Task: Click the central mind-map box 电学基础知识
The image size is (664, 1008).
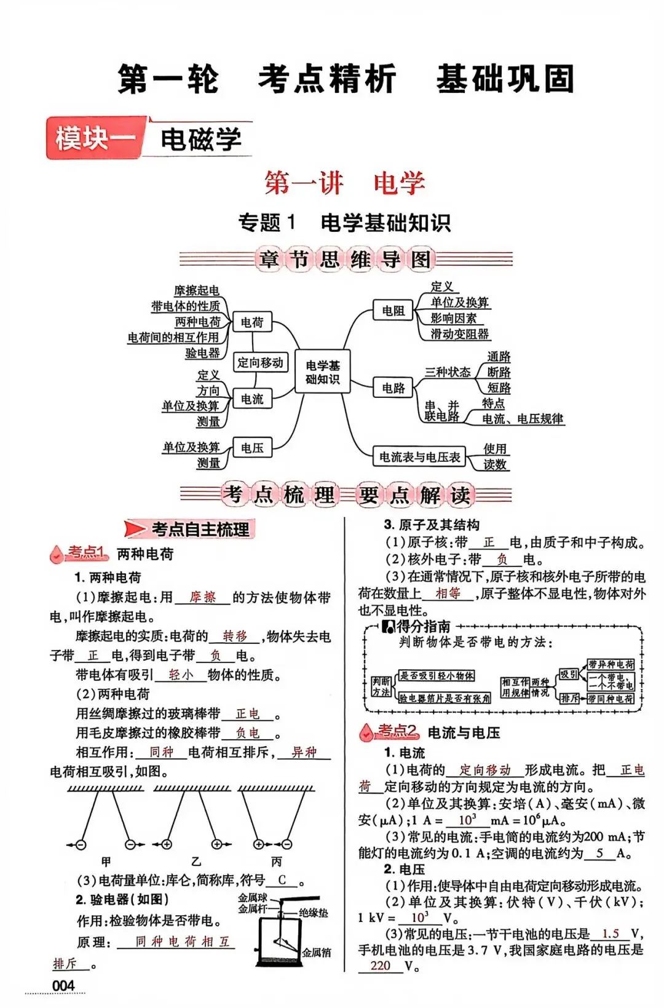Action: tap(323, 372)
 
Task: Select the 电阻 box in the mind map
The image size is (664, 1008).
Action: tap(393, 311)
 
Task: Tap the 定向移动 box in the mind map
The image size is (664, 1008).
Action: tap(261, 363)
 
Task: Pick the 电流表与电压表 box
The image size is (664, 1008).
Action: tap(419, 457)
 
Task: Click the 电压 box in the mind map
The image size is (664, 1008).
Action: tap(252, 448)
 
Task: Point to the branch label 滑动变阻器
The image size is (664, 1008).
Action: tap(459, 334)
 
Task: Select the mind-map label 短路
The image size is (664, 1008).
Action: tap(499, 388)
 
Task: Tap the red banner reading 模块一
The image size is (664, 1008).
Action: tap(95, 138)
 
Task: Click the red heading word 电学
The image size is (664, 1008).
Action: tap(399, 183)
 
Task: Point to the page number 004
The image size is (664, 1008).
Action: tap(63, 985)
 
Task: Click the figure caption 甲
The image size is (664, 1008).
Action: tap(106, 862)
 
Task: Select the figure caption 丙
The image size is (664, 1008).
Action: tap(277, 862)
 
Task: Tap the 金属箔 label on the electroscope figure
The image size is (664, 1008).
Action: tap(316, 953)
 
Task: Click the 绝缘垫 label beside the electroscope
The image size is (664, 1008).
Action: tap(314, 913)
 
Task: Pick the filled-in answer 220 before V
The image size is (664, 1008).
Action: tap(380, 966)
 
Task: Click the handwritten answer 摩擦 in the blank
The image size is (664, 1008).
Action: tap(203, 597)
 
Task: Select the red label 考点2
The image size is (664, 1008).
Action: tap(397, 731)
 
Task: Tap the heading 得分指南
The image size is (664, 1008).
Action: tap(423, 627)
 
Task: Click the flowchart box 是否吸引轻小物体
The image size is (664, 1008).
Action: tap(437, 676)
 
